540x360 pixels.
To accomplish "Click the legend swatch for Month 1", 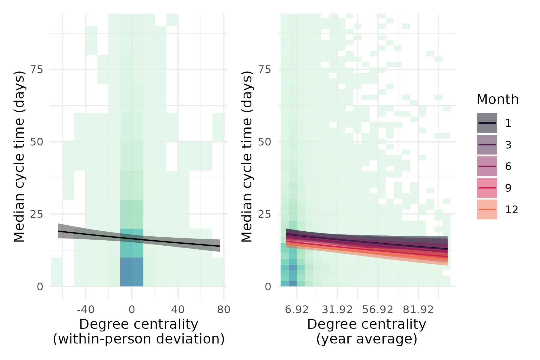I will (x=487, y=123).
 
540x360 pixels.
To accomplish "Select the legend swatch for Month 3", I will (x=487, y=145).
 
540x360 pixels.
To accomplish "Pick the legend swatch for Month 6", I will (x=487, y=166).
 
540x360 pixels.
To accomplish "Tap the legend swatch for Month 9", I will (x=487, y=188).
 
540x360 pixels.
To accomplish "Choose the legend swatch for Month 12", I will (x=487, y=209).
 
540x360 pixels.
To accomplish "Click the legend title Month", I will (x=497, y=100).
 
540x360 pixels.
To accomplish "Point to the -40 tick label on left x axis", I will (x=85, y=310).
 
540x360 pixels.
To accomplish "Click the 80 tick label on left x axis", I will (x=224, y=310).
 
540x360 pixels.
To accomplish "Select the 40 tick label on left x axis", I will (x=178, y=310).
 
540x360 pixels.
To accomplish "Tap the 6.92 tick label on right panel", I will (x=297, y=310).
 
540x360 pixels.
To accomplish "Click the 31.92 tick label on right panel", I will (x=337, y=310).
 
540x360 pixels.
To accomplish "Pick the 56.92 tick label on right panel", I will (x=378, y=310).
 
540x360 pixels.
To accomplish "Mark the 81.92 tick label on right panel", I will (x=418, y=310).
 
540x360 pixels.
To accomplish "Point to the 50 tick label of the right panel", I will (x=264, y=142).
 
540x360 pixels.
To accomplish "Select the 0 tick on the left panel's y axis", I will (x=40, y=287).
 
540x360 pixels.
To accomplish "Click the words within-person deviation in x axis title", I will (x=139, y=339).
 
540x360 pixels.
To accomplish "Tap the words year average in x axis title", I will (x=367, y=339).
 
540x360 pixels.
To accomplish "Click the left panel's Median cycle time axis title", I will (x=19, y=156).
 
